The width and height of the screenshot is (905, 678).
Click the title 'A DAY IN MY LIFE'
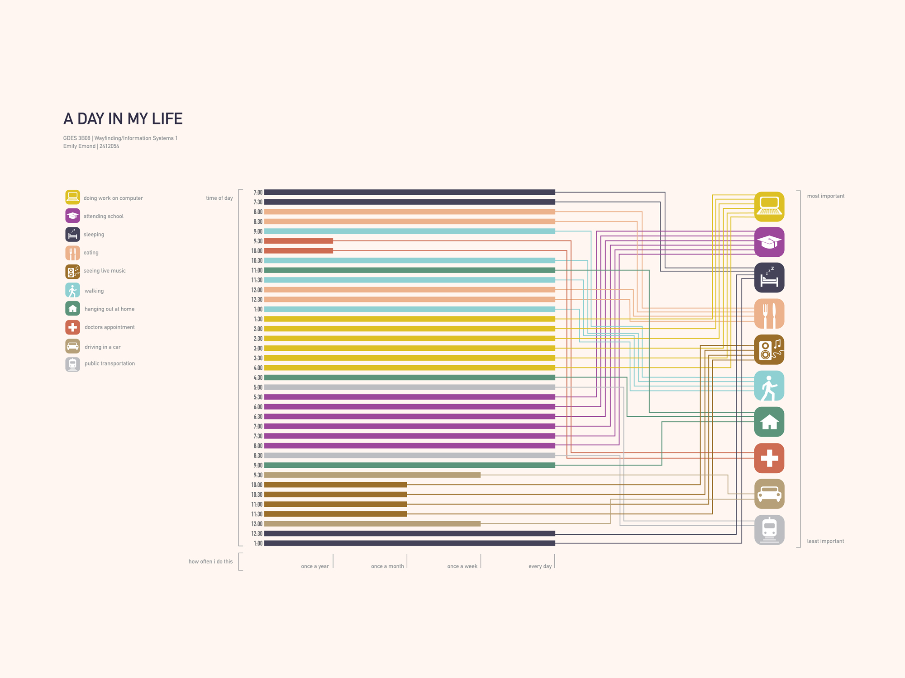click(x=123, y=119)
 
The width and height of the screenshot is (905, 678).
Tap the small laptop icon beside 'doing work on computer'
click(x=72, y=198)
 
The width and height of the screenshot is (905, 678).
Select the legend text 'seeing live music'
click(x=105, y=271)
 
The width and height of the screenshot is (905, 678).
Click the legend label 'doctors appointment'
click(x=110, y=327)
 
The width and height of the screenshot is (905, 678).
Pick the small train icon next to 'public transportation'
click(x=72, y=364)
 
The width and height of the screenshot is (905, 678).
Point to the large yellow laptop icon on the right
click(x=769, y=207)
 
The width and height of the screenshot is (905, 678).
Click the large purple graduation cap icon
click(x=769, y=242)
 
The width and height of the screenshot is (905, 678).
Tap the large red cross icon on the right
click(x=769, y=458)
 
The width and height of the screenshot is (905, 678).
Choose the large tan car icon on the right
click(x=769, y=494)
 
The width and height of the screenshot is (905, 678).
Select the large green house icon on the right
click(x=769, y=422)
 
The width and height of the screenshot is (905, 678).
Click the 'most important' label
click(x=825, y=196)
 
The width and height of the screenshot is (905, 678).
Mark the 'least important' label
click(x=825, y=541)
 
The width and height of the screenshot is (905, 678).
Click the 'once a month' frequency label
click(x=387, y=566)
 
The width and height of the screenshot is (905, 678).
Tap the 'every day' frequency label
click(x=540, y=566)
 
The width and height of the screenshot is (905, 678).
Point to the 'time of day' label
click(x=219, y=198)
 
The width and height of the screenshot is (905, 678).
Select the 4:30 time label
click(x=258, y=378)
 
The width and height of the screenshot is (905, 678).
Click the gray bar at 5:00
click(x=410, y=387)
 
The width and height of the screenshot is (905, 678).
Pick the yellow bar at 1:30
click(x=410, y=319)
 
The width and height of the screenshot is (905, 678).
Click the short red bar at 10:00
click(x=299, y=251)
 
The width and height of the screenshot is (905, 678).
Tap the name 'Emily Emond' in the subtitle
click(x=79, y=146)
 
